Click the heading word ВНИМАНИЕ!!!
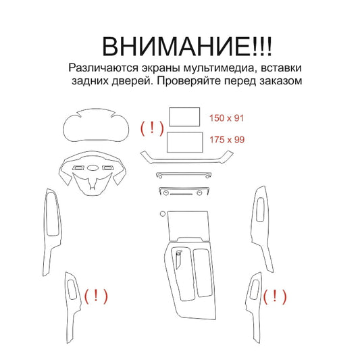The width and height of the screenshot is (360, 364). [187, 46]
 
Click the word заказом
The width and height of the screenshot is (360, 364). [280, 81]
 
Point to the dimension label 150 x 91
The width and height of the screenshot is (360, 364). [226, 118]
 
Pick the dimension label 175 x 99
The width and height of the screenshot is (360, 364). [227, 140]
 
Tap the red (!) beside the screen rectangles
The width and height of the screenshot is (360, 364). [152, 128]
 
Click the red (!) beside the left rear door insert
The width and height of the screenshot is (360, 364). [96, 296]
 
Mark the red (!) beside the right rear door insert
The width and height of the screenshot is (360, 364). [275, 296]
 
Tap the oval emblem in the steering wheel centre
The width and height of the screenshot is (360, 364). [93, 168]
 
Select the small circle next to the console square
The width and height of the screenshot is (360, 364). [163, 213]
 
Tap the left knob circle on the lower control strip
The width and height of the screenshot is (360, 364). [166, 192]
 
